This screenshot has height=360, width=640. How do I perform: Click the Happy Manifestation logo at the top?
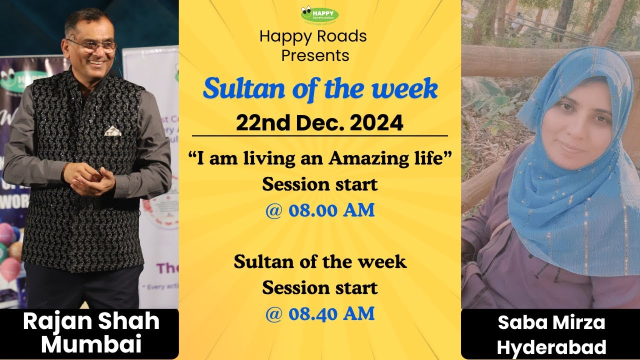point(319,14)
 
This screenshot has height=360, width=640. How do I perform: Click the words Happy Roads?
point(313,36)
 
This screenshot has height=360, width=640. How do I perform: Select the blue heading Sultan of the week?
point(320,89)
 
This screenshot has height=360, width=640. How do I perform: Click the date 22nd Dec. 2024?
point(319,122)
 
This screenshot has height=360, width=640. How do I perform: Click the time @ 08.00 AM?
point(319,210)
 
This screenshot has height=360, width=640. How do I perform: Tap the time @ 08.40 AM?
point(319,313)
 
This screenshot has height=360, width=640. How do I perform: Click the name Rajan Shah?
point(91,322)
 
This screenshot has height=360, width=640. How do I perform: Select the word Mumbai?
point(91,344)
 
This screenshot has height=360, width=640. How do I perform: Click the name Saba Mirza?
point(551,323)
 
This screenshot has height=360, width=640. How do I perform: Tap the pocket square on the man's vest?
point(112,131)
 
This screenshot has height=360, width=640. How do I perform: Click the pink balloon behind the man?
point(9,270)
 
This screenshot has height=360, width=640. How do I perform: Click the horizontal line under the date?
point(319,135)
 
